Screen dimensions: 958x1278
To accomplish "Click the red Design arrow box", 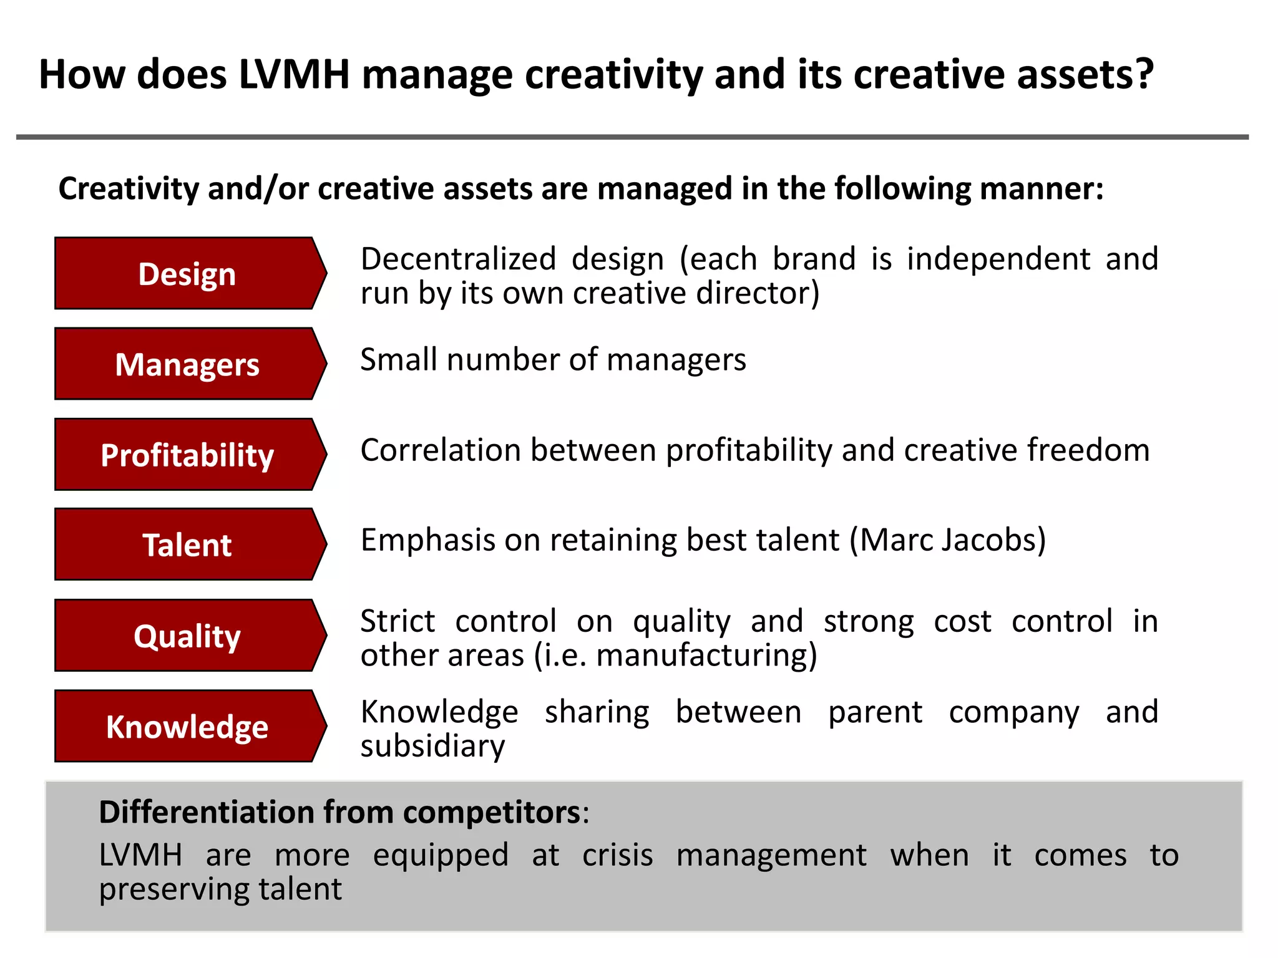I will (x=187, y=273).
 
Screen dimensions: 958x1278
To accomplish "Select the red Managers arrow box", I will (x=187, y=364).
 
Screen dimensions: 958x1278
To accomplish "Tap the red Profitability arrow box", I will (x=187, y=454).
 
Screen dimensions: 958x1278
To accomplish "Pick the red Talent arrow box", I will (x=187, y=544).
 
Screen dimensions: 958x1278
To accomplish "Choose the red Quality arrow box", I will (x=187, y=635).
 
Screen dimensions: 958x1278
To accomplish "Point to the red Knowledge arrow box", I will (x=187, y=726).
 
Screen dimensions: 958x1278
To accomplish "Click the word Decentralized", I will (x=458, y=259).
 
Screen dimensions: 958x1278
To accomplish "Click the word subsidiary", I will (x=432, y=747).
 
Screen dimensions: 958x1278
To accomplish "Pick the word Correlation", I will (x=441, y=450).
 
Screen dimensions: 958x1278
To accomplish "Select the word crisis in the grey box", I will (x=617, y=855).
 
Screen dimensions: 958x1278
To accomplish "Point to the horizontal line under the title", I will (x=632, y=137).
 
